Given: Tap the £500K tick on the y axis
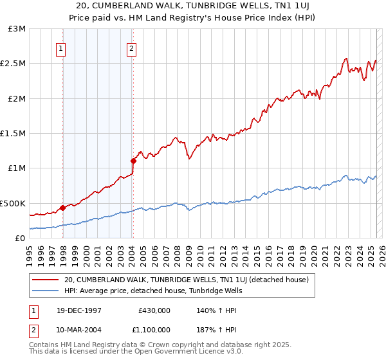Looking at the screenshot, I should coord(14,203).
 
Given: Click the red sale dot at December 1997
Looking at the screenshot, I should coord(63,208).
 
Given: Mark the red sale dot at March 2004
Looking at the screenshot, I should coord(133,161).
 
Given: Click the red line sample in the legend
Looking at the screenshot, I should coord(46,280).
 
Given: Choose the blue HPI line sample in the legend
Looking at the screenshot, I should coord(46,291).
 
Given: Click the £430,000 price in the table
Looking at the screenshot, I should coord(154,310).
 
